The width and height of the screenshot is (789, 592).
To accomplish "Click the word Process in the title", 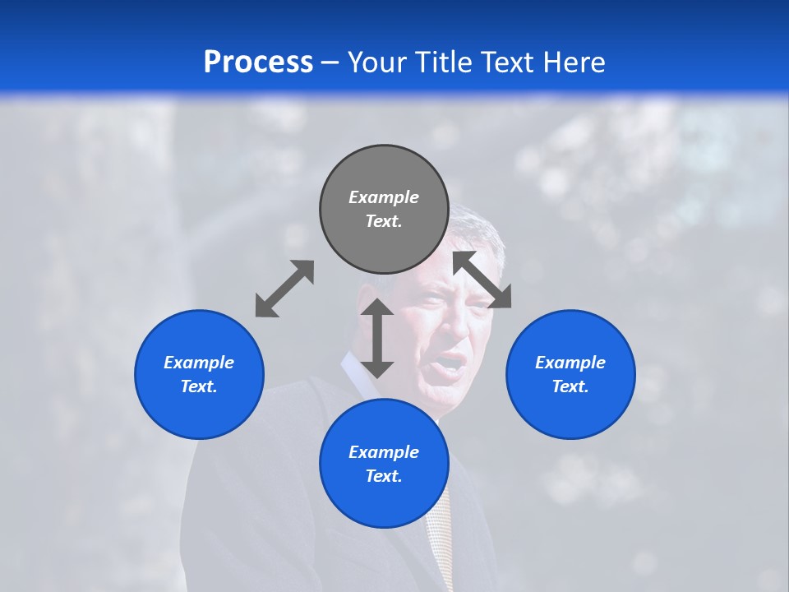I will point(258,62).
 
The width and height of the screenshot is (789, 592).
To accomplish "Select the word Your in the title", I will point(379,62).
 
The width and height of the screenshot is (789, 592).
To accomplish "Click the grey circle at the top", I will point(384,173).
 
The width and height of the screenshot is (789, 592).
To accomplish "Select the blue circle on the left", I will point(199,403).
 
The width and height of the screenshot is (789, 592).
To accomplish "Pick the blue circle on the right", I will point(570,403).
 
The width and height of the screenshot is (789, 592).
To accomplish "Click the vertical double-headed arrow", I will point(377,338).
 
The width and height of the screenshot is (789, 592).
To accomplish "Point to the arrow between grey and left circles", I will point(284,288).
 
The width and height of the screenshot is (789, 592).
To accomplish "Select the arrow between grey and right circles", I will point(482,280).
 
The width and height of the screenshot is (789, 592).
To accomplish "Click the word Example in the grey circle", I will point(384,197).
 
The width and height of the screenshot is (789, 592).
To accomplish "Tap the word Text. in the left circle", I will point(199,386).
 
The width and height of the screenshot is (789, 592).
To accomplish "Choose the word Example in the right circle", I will point(570,363).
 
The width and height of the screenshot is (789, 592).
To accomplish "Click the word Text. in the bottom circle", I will point(384,476).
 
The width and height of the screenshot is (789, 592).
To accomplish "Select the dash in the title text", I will point(330,62).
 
